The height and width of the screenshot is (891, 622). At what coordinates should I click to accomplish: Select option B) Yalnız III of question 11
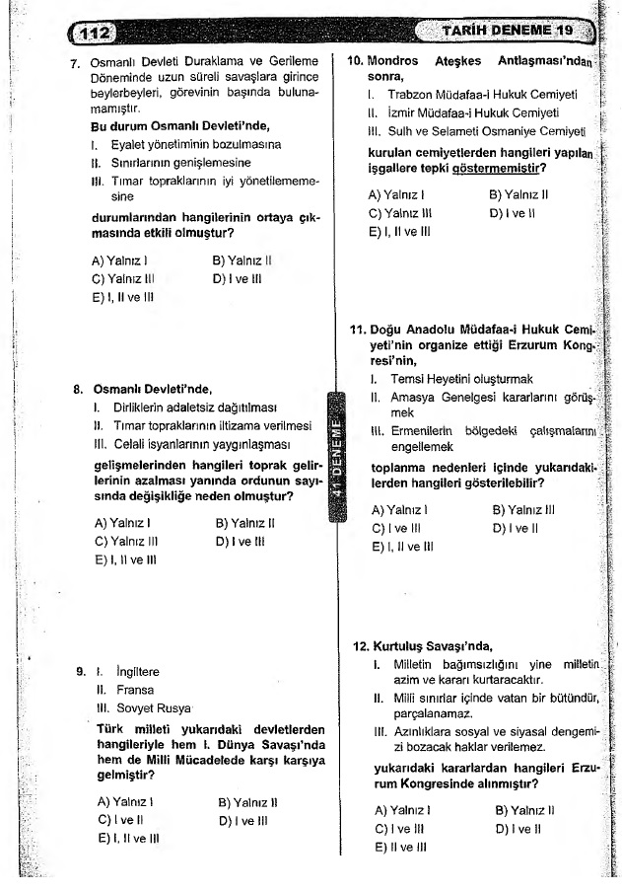pyautogui.click(x=523, y=510)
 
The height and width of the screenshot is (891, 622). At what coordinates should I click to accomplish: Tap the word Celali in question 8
pyautogui.click(x=137, y=445)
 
